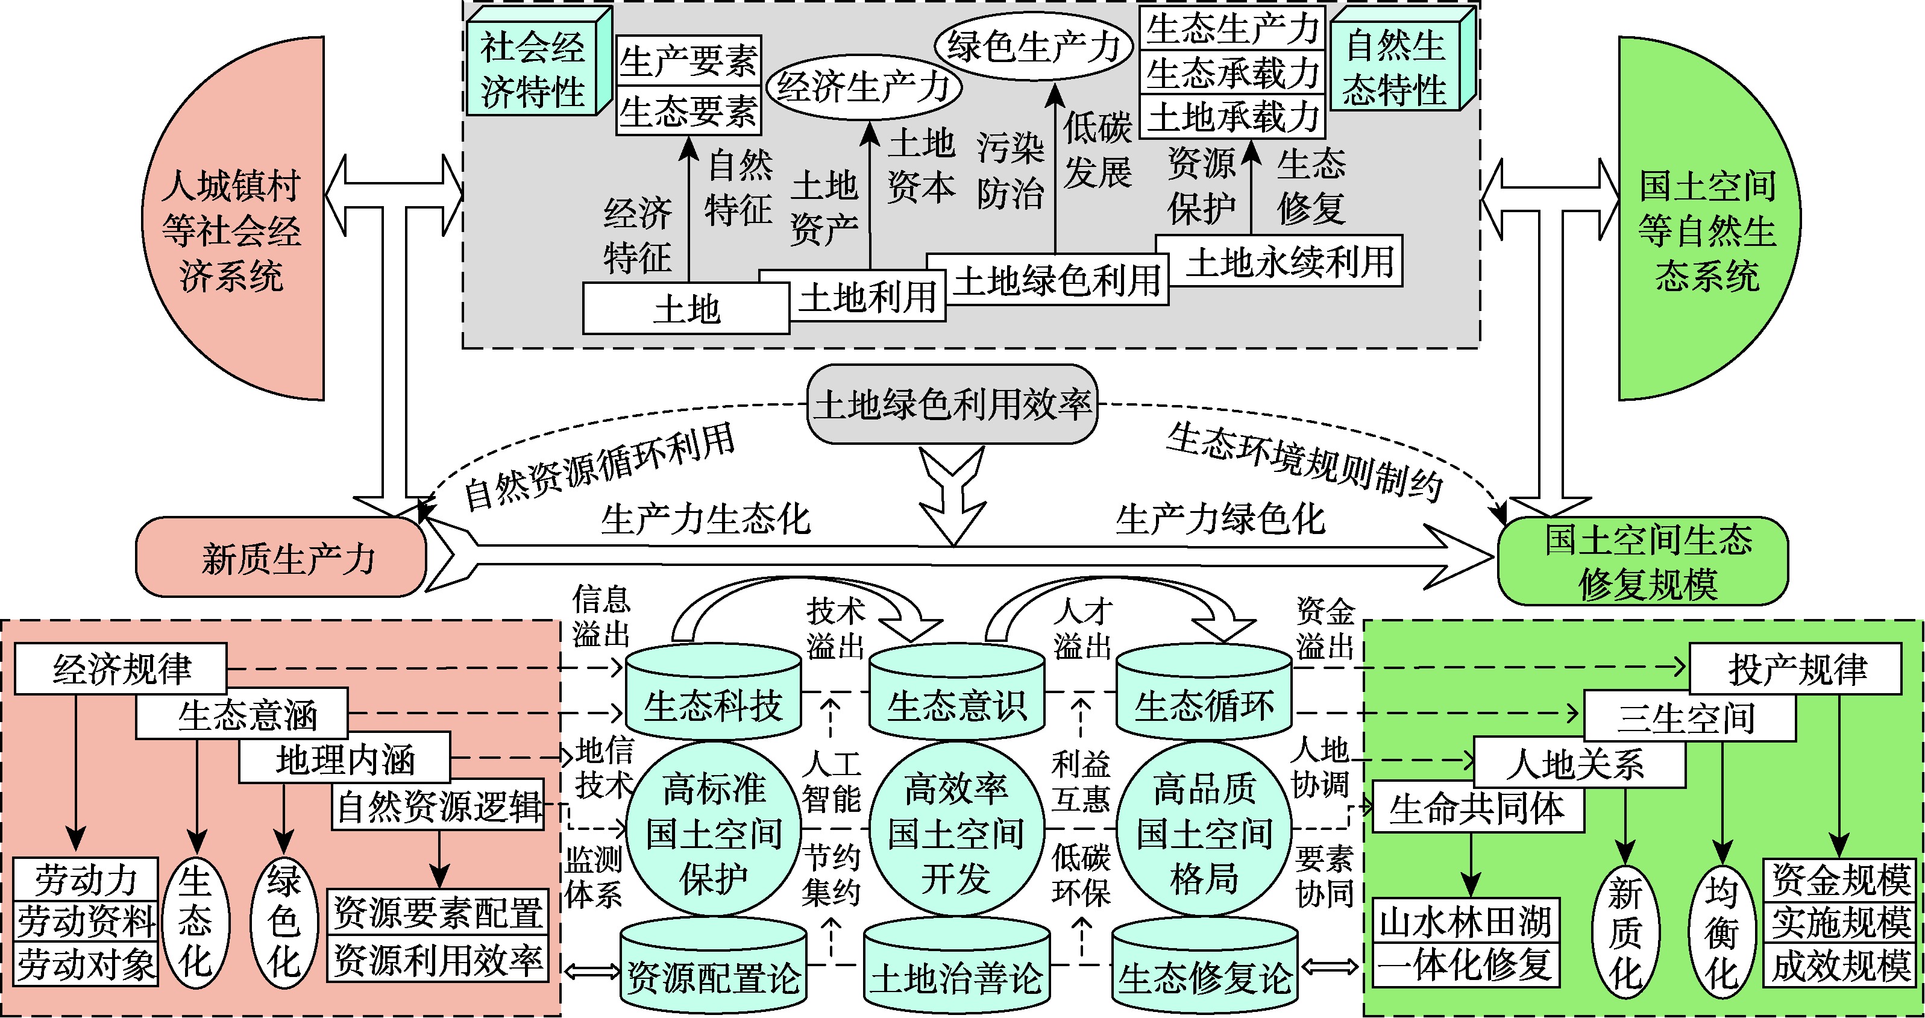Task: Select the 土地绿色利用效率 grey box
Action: tap(952, 404)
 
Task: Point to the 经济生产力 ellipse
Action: tap(863, 87)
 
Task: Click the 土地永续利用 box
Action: tap(1289, 262)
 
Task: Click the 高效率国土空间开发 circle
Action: tap(956, 831)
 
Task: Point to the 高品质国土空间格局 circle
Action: tap(1204, 831)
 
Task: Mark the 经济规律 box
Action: tap(121, 668)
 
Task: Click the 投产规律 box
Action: tap(1795, 669)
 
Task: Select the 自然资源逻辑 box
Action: tap(438, 806)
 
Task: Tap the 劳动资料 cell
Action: tap(86, 921)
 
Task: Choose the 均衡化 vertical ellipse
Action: tap(1721, 931)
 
